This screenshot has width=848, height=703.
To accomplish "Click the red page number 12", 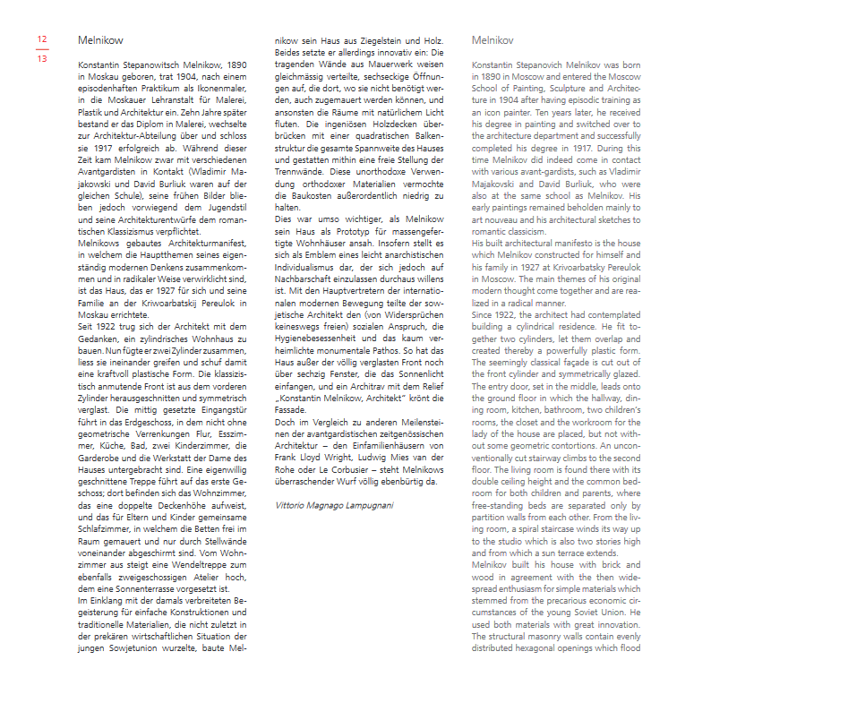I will point(42,39).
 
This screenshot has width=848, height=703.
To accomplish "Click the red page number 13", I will point(42,58).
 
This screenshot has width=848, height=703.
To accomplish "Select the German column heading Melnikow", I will point(100,40).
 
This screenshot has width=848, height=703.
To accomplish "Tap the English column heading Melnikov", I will point(493,40).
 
